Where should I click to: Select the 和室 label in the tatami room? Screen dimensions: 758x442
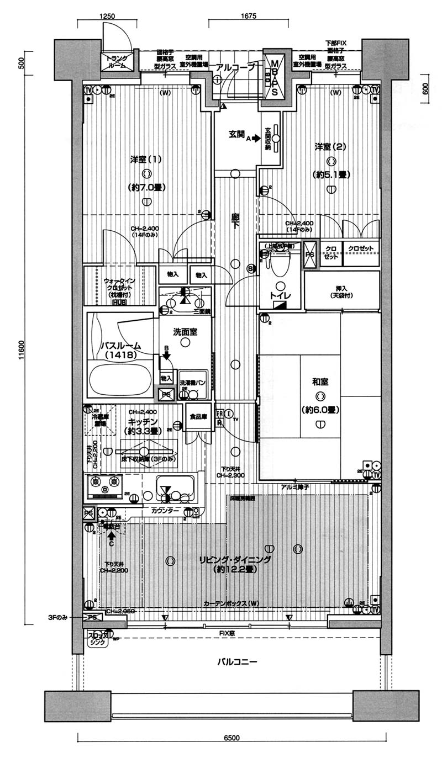click(x=320, y=381)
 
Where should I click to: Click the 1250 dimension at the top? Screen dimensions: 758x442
click(x=107, y=17)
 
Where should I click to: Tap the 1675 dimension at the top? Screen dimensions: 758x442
click(x=249, y=17)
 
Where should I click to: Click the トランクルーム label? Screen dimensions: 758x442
click(x=116, y=62)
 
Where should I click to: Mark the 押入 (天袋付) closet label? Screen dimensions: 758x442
click(x=341, y=291)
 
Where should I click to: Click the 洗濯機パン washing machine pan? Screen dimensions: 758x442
click(x=193, y=383)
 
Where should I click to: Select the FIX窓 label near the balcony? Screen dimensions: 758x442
click(x=225, y=633)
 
